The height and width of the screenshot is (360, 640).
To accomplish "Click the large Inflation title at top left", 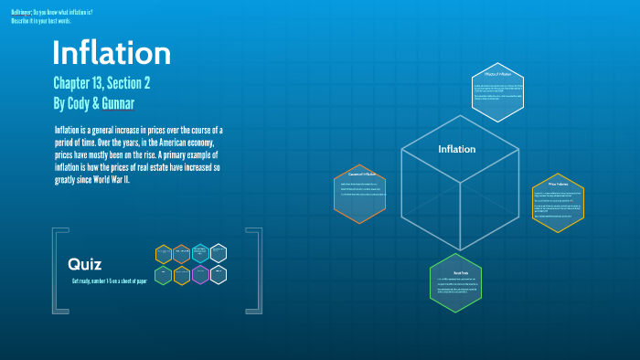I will coord(111,53).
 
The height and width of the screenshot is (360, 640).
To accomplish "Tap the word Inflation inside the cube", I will coord(456,149).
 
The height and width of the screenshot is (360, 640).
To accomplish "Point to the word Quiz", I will coord(84,263).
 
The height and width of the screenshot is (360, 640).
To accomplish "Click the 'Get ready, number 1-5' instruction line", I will coord(109,281).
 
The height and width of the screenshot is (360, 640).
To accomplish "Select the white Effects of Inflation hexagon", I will coord(497,91).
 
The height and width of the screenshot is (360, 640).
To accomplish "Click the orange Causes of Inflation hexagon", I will coord(359,193).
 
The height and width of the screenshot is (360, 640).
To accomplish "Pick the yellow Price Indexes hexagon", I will coord(558,203).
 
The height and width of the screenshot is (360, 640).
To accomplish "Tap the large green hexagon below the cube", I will coord(454,284).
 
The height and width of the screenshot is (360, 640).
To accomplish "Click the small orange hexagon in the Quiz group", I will coord(181,253).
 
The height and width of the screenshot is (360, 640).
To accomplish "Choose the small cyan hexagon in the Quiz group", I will coord(200,253).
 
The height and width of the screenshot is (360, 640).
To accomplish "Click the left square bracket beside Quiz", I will coord(57,271).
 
